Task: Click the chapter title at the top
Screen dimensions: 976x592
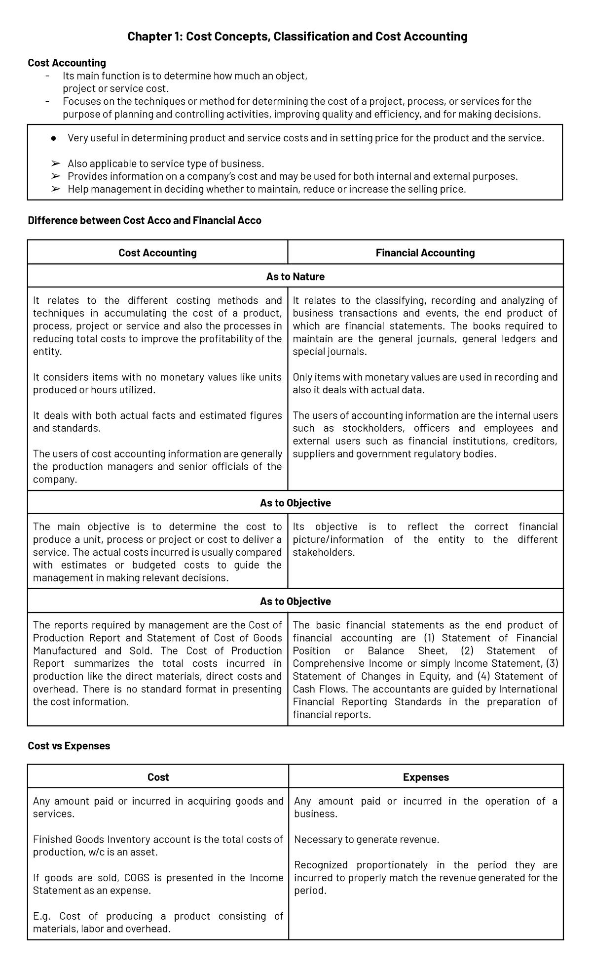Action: point(297,37)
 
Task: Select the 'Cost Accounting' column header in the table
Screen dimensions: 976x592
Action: point(157,253)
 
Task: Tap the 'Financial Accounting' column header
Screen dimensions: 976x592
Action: point(425,253)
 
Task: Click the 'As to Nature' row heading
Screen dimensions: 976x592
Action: point(295,277)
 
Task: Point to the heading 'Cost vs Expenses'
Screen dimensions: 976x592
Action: point(69,746)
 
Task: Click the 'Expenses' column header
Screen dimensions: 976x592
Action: point(426,777)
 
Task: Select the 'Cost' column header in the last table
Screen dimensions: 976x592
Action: point(158,777)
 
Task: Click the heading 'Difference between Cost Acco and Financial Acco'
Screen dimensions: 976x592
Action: point(145,220)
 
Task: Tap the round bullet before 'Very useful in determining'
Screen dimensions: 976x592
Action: point(54,138)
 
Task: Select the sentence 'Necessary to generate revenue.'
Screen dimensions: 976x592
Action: point(366,839)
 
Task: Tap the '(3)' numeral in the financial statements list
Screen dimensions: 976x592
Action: point(551,663)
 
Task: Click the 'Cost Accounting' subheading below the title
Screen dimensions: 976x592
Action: point(67,63)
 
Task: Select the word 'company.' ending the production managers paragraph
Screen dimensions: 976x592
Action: point(55,480)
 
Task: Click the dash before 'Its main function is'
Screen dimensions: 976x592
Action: point(47,76)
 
